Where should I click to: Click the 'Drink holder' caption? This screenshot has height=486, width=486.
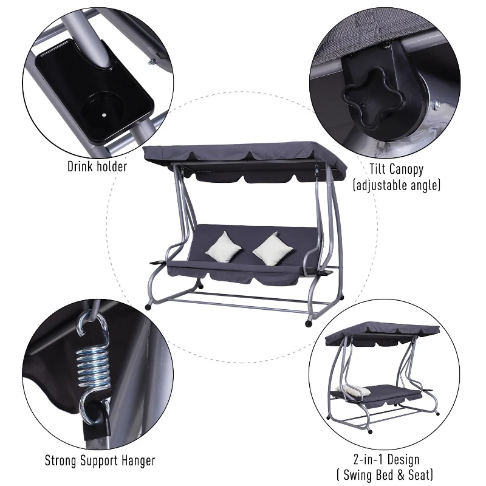97,166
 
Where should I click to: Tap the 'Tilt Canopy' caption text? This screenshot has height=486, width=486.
397,169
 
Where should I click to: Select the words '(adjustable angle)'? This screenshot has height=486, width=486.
397,185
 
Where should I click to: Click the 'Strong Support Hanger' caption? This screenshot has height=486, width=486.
100,460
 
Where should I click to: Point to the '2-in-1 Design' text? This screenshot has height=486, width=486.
386,459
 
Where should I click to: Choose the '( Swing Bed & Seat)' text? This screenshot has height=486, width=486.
385,475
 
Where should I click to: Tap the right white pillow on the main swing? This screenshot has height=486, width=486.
273,249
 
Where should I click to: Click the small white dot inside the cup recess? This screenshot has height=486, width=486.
104,115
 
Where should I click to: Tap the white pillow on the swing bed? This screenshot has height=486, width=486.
354,391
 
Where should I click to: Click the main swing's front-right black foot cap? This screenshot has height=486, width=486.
309,324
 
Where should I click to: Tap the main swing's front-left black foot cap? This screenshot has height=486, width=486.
148,307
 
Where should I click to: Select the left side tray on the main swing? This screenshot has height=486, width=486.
158,262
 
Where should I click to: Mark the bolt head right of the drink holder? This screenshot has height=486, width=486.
152,63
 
